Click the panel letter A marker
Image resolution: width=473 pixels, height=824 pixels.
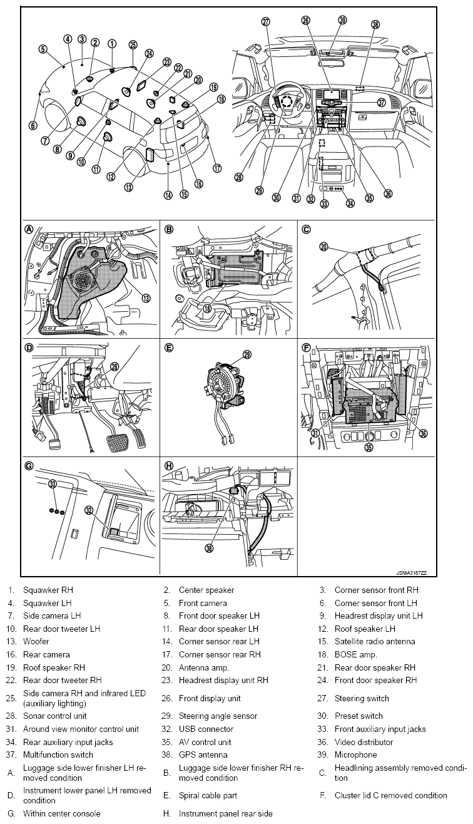coord(29,229)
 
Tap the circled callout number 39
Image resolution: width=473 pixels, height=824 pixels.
coord(342,20)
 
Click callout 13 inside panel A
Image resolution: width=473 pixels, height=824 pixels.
coord(146,299)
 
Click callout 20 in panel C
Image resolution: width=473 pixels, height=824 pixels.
coord(323,247)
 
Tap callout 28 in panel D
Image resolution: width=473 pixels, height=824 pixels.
coord(114,367)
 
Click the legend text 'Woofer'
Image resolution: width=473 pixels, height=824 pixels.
coord(36,641)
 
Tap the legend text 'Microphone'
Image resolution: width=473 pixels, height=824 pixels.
coord(355,754)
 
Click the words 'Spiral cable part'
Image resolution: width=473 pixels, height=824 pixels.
coord(208,795)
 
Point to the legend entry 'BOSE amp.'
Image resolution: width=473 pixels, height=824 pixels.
coord(355,654)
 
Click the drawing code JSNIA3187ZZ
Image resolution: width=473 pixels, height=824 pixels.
coord(410,572)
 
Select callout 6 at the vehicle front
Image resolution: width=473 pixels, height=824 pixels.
coord(33,125)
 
